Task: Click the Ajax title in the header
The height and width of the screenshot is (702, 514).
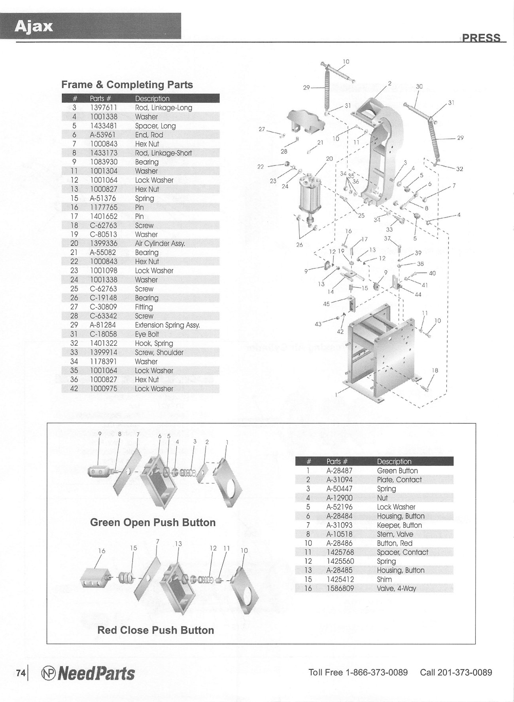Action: click(34, 27)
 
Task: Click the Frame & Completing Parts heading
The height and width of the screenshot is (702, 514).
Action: click(127, 85)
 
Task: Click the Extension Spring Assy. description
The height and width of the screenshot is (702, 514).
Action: click(167, 325)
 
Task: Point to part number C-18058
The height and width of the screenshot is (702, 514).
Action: click(103, 334)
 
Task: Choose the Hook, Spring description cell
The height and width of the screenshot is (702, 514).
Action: click(154, 343)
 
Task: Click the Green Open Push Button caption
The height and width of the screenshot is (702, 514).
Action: click(153, 523)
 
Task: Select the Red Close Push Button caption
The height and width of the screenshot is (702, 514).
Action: click(155, 630)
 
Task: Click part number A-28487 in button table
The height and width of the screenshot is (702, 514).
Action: click(339, 471)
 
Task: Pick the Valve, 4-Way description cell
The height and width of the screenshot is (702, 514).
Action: click(396, 588)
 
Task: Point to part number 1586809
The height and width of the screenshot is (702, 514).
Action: click(340, 588)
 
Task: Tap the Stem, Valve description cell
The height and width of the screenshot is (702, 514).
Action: click(395, 534)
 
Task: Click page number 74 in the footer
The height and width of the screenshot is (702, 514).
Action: click(21, 673)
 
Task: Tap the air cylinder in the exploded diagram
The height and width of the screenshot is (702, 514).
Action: click(310, 198)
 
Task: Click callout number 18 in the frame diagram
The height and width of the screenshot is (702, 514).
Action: click(435, 371)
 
